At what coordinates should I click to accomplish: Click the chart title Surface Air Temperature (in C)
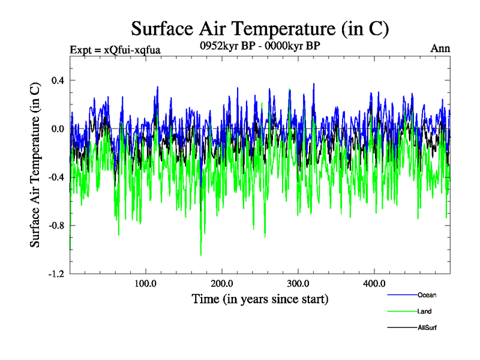260,28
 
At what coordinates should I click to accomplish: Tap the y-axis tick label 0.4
58,80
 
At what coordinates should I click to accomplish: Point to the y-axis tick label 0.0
58,128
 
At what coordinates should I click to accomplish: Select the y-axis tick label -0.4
56,177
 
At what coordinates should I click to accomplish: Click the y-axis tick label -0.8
56,226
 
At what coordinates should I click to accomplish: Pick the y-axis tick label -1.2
56,274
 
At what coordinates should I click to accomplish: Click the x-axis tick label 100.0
146,283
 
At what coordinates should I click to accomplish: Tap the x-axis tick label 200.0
222,283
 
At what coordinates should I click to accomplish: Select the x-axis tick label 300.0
298,283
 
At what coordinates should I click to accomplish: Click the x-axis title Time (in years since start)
260,298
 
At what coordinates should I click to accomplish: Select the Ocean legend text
427,295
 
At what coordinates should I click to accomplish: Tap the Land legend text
424,311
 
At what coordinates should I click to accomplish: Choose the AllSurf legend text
427,328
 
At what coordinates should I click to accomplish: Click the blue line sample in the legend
401,295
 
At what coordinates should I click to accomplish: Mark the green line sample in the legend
401,311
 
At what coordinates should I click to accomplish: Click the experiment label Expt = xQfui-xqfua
115,49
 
